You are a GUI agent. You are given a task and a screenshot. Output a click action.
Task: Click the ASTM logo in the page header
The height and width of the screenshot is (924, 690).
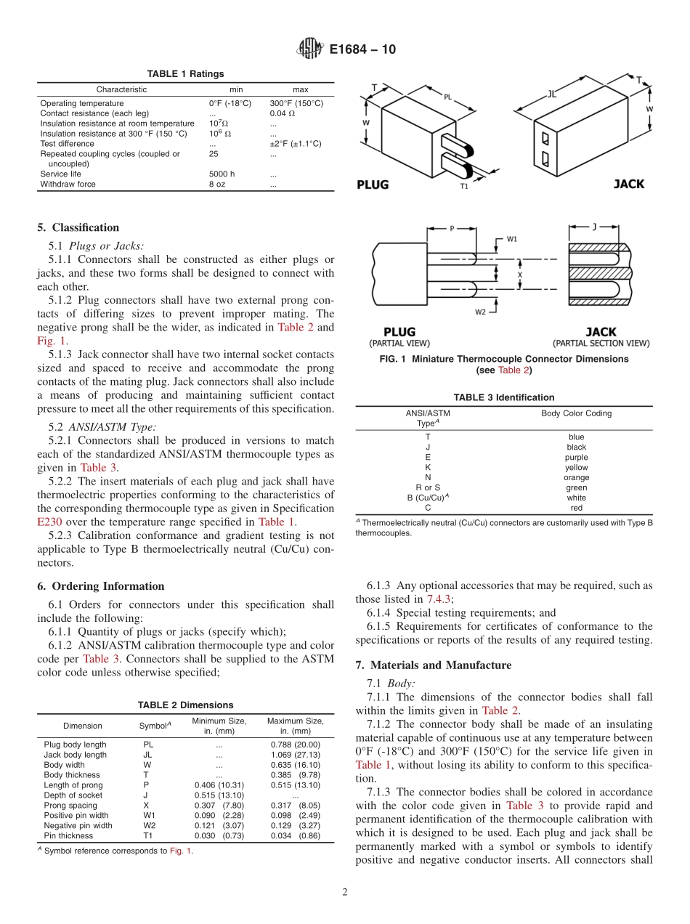309,49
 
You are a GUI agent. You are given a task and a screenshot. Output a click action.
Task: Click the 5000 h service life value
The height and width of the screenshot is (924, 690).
222,174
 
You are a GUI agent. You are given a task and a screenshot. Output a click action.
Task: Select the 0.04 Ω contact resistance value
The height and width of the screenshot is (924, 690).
283,113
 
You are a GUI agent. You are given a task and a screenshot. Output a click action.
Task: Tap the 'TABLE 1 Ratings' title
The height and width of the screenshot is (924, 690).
185,74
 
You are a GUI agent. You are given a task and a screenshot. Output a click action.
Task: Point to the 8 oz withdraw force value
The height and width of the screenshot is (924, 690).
216,185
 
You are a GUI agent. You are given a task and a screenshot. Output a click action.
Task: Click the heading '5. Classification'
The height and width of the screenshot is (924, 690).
78,227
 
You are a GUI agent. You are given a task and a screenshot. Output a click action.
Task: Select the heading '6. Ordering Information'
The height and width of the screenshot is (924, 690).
100,586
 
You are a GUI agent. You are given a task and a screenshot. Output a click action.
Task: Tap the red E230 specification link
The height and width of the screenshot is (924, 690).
50,522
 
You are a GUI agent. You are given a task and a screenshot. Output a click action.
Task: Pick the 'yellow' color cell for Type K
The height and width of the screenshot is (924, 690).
576,468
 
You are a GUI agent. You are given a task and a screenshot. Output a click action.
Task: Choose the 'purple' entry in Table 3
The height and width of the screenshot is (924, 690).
576,458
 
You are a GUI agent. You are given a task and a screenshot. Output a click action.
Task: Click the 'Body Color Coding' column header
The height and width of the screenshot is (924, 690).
576,413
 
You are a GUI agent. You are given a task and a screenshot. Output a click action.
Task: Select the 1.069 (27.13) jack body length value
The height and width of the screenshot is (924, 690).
295,755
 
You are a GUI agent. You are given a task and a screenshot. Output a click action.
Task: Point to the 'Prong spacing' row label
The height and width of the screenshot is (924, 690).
70,806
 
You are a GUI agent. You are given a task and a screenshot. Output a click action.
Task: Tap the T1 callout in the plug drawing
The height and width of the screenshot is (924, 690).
464,187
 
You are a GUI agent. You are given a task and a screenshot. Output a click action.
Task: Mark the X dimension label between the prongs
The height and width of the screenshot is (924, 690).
519,276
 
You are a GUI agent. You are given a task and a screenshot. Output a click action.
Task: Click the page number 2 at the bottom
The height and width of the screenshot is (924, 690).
345,893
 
